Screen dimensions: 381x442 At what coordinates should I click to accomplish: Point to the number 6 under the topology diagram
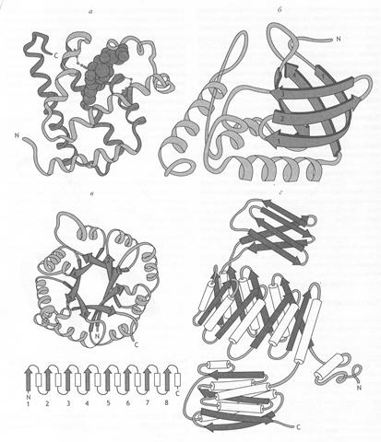click(128, 402)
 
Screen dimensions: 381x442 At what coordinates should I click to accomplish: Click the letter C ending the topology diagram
click(177, 393)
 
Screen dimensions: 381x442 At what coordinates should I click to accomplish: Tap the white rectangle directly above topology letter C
click(177, 380)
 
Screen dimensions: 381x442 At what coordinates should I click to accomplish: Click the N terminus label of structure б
click(339, 39)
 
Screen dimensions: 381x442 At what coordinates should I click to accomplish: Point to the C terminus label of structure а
click(56, 55)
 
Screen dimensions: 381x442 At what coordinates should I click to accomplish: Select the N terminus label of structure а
click(17, 134)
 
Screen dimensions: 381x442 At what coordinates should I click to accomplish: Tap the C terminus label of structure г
click(298, 426)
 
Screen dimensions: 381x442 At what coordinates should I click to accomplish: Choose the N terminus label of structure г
click(359, 388)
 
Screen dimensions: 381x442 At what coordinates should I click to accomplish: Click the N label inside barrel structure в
click(97, 336)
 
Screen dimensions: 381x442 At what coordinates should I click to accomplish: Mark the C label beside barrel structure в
click(137, 344)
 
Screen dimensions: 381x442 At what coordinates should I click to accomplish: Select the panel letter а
click(90, 12)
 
